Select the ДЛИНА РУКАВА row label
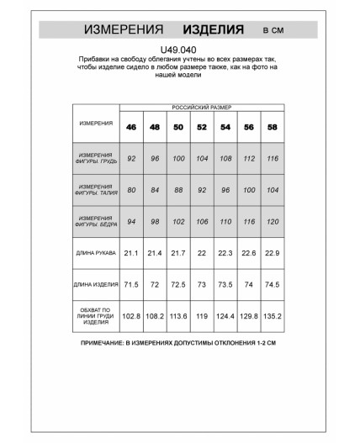tap(95, 253)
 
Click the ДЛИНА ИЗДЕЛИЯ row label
tap(95, 285)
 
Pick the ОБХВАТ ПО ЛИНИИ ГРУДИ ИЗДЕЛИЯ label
tap(95, 317)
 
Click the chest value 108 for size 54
tap(225, 157)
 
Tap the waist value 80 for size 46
tap(131, 189)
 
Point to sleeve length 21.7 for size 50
tap(178, 253)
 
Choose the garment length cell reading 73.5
tap(225, 285)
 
